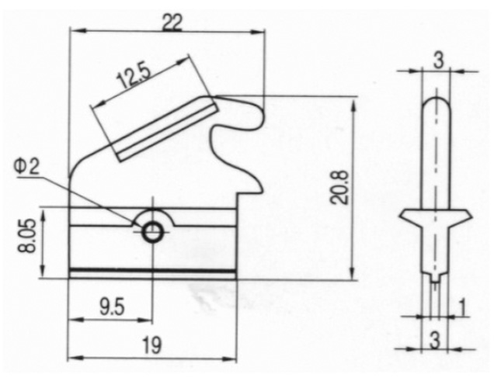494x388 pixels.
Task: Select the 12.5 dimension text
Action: (x=134, y=76)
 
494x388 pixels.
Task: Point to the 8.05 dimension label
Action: (x=26, y=237)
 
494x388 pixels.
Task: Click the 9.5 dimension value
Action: (x=113, y=307)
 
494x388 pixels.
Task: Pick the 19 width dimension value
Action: (x=151, y=345)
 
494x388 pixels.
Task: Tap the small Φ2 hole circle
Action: (x=153, y=233)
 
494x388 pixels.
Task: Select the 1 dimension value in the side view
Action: (x=462, y=307)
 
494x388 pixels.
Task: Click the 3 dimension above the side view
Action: (x=438, y=60)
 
